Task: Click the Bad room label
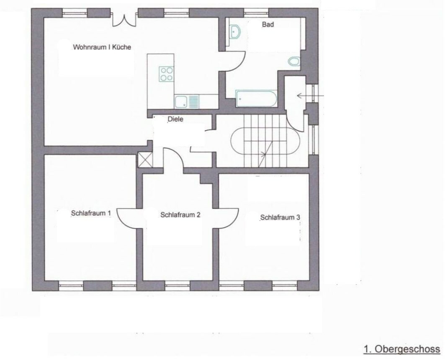pyautogui.click(x=268, y=25)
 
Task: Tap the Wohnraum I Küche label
pyautogui.click(x=102, y=47)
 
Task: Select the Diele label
pyautogui.click(x=176, y=119)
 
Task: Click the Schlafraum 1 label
pyautogui.click(x=91, y=213)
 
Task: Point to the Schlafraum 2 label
pyautogui.click(x=180, y=215)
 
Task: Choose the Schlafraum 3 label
pyautogui.click(x=280, y=218)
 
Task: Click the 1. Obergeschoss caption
pyautogui.click(x=401, y=349)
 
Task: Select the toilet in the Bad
pyautogui.click(x=294, y=62)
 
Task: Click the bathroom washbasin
pyautogui.click(x=234, y=31)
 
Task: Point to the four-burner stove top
pyautogui.click(x=166, y=74)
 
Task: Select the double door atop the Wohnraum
pyautogui.click(x=124, y=19)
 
